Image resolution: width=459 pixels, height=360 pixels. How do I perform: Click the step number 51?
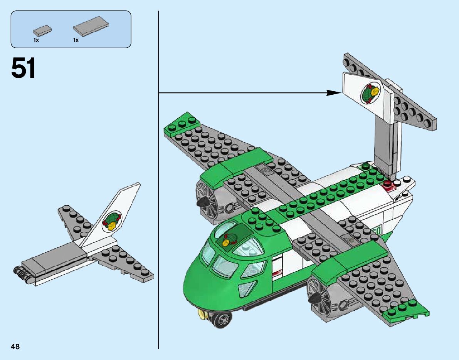24,68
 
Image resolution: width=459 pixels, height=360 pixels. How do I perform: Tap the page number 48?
15,347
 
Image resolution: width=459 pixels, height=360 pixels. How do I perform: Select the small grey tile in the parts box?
42,30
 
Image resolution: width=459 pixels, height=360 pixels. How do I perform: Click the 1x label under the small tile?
36,40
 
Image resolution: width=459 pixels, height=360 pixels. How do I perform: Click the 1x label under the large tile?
76,40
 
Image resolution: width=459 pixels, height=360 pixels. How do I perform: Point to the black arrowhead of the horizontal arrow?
334,92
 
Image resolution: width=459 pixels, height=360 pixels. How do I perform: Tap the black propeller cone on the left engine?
202,203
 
